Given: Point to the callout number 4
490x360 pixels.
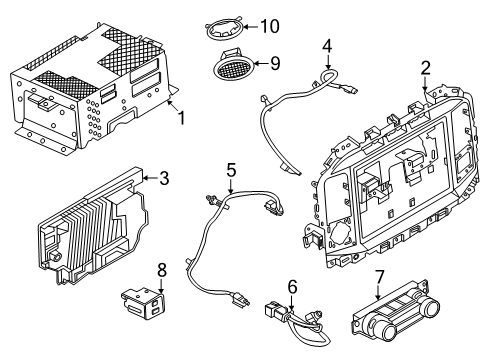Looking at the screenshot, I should coord(326,44).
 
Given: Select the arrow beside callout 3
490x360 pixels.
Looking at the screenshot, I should coord(150,180).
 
